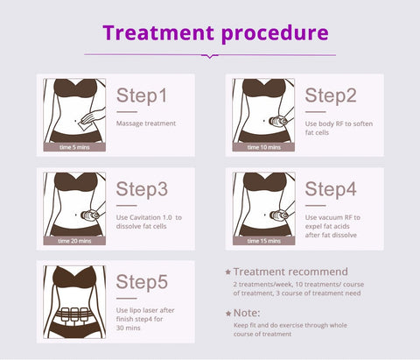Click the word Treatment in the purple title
click(158, 32)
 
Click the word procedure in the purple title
click(275, 34)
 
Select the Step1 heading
click(142, 95)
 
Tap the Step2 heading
click(331, 95)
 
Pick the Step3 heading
click(142, 189)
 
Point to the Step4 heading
click(331, 189)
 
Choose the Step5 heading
click(142, 282)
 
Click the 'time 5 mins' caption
click(74, 147)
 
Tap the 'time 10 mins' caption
click(264, 147)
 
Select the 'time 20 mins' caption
click(74, 241)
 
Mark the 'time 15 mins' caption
click(264, 241)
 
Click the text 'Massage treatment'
click(146, 124)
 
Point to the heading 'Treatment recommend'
click(290, 272)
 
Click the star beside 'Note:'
click(228, 314)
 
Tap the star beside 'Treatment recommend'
click(228, 272)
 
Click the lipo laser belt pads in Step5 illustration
click(74, 314)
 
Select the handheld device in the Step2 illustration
click(278, 121)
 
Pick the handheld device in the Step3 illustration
click(90, 215)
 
